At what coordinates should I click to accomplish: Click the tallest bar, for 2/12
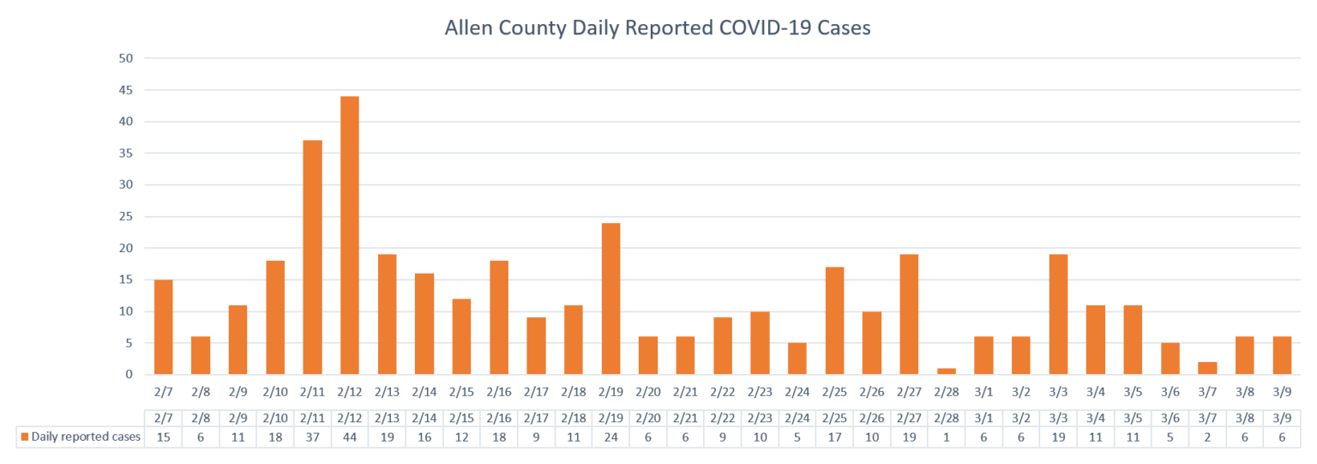350,235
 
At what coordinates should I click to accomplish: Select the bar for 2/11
312,257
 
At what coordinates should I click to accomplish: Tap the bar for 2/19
610,298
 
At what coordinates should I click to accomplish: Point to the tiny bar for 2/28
947,371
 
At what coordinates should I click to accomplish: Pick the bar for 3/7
1207,368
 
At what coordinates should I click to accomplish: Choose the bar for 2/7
164,327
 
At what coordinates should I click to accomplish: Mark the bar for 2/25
835,321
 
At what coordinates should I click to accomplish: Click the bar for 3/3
1058,315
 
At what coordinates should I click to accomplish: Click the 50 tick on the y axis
126,58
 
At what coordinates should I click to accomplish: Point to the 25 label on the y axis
126,216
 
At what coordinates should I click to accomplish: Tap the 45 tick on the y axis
126,90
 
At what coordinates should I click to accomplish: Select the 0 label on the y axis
129,374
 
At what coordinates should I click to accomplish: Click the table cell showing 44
350,437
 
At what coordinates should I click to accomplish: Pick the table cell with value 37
312,437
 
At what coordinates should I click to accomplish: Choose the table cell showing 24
610,437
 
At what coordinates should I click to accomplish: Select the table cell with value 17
835,437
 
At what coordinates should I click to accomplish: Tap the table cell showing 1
947,437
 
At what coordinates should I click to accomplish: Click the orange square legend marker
25,437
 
